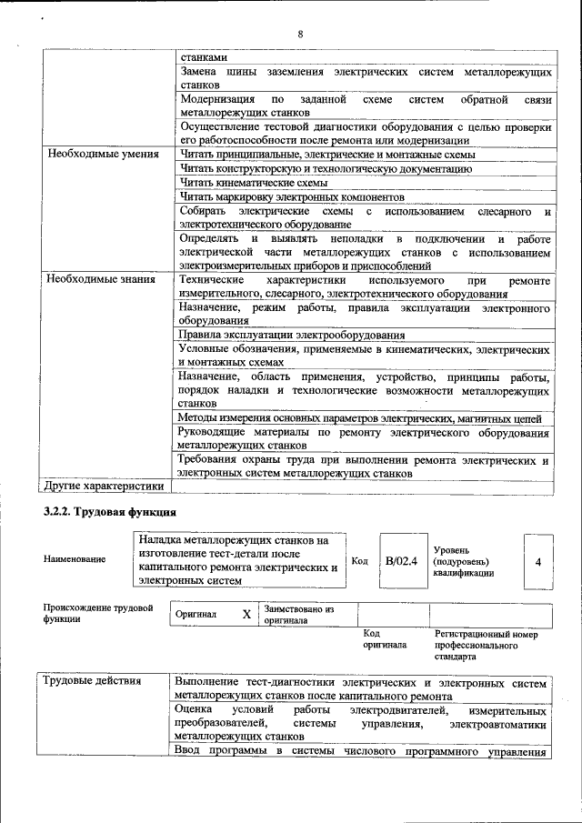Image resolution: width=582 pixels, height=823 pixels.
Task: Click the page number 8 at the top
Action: [x=299, y=34]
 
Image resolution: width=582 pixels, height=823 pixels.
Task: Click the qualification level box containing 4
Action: [x=537, y=562]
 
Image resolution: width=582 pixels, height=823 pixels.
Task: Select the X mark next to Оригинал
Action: [x=246, y=614]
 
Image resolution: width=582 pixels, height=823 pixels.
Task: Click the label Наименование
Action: [x=74, y=559]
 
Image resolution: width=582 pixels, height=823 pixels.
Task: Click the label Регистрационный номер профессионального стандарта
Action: [x=486, y=644]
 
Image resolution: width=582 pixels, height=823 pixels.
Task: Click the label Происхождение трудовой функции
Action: [x=97, y=612]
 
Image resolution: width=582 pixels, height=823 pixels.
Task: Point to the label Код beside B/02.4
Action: [x=359, y=561]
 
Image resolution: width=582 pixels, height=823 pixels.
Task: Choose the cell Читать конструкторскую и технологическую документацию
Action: [x=313, y=168]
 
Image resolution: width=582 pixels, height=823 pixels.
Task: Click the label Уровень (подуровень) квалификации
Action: [x=464, y=562]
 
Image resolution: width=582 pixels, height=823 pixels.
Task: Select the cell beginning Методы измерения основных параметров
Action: [x=360, y=417]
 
